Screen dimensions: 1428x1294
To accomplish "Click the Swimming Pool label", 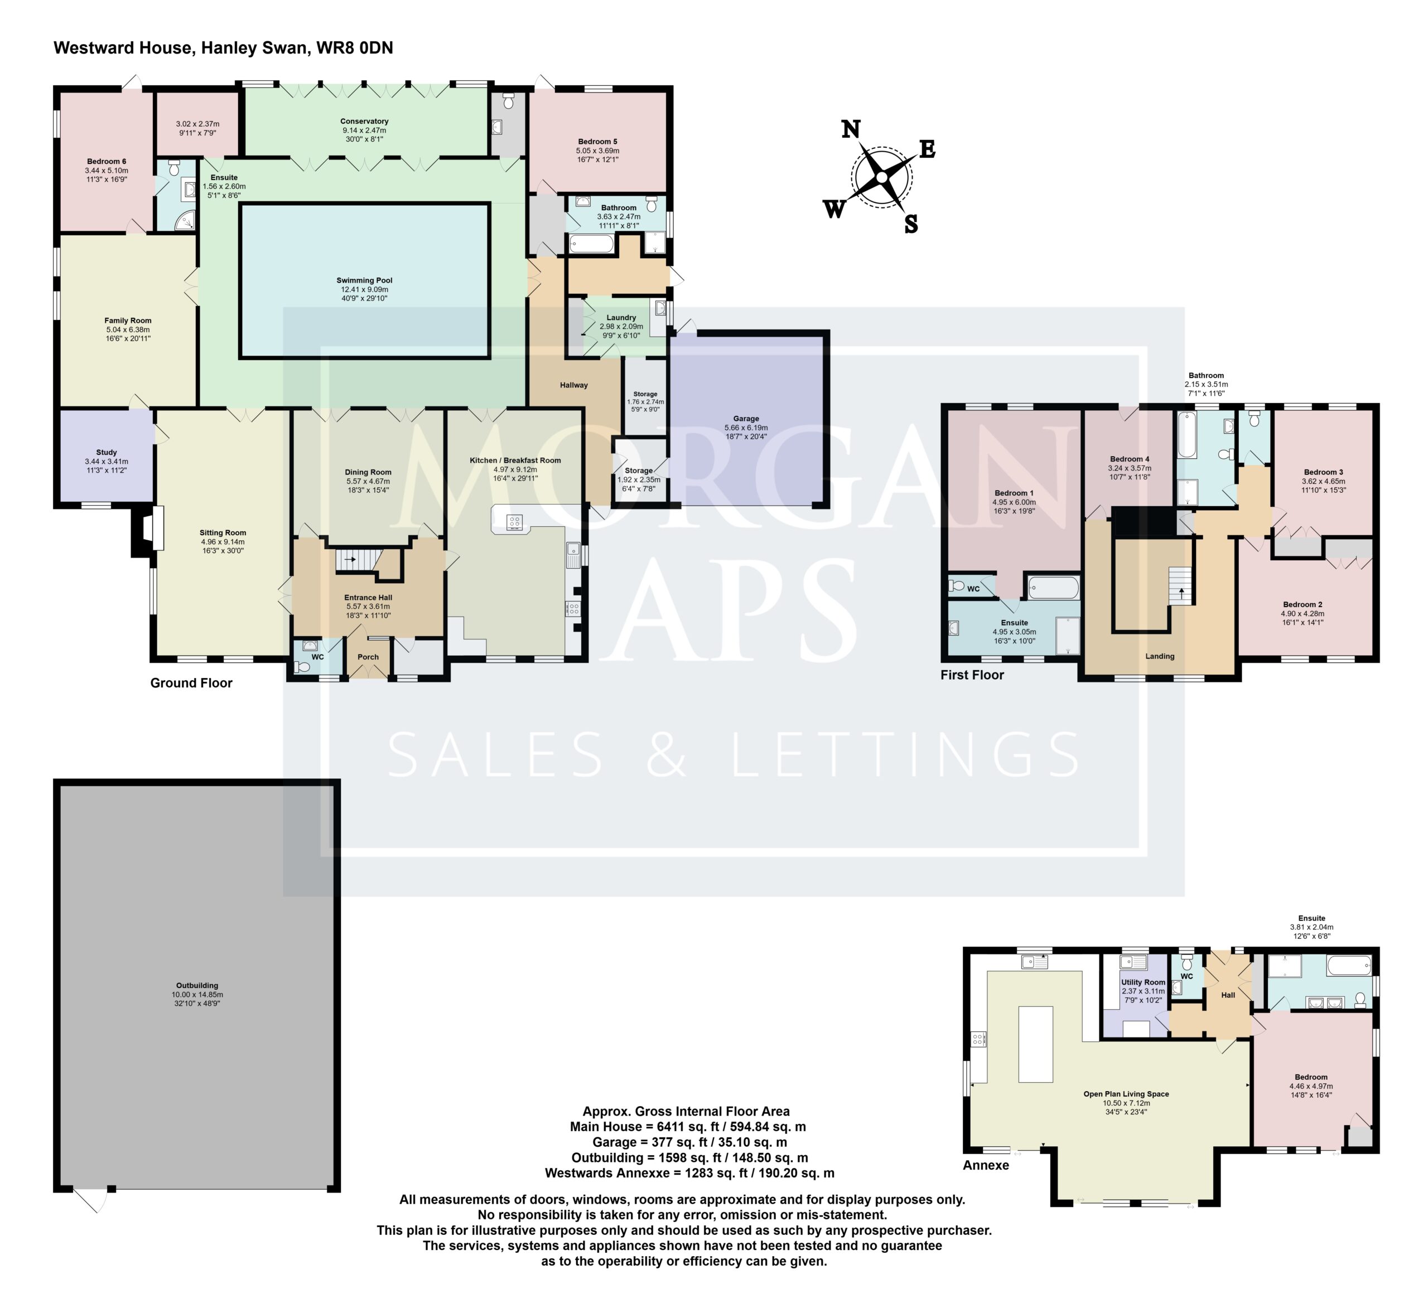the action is click(x=365, y=280).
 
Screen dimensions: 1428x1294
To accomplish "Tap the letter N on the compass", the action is click(x=851, y=129).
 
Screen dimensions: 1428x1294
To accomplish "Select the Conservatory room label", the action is click(x=364, y=121).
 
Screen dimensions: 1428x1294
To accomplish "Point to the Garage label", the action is click(x=746, y=418).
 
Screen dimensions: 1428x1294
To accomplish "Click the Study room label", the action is click(x=106, y=452).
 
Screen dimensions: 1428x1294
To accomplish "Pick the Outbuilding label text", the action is click(x=197, y=985).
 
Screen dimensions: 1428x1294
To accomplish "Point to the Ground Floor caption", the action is click(x=191, y=682).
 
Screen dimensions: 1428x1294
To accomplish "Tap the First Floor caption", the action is click(x=972, y=675).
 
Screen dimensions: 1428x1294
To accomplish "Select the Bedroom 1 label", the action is click(x=1014, y=493).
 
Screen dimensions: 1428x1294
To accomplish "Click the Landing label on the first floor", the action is click(x=1160, y=656).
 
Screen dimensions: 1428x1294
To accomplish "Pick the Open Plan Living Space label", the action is click(x=1126, y=1094).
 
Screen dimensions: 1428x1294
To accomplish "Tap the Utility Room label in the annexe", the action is click(x=1142, y=982).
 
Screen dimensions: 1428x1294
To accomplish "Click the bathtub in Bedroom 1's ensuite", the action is click(x=1053, y=588).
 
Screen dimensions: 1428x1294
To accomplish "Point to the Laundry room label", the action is click(x=621, y=318).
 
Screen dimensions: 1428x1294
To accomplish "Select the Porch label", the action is click(x=368, y=657).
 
